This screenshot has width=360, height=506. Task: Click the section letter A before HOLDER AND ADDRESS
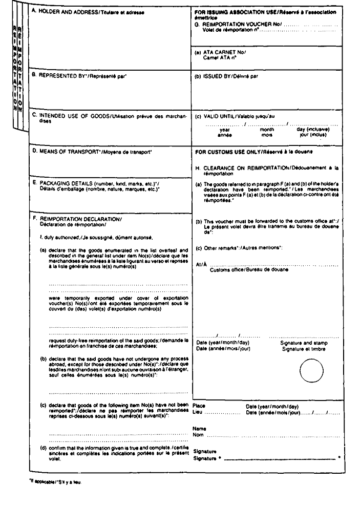click(x=34, y=10)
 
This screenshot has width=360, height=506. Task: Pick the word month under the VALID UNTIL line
click(x=267, y=130)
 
